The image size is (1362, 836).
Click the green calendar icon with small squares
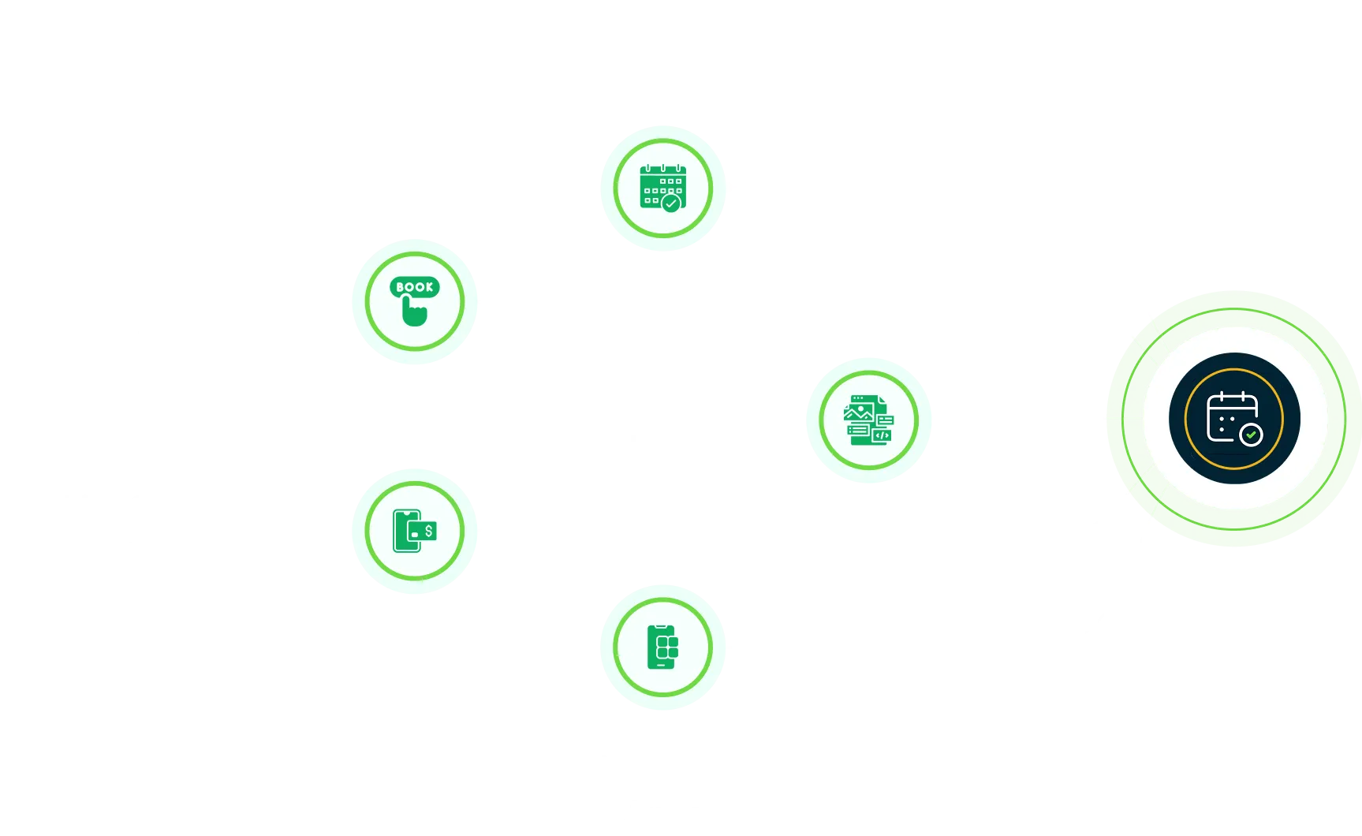click(662, 188)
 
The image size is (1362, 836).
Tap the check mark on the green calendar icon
click(671, 203)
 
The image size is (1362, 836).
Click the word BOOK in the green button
click(414, 287)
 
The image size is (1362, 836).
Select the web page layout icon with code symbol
click(868, 420)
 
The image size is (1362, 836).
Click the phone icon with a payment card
click(413, 531)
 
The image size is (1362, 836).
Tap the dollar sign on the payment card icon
click(428, 531)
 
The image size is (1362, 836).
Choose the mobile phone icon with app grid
click(662, 647)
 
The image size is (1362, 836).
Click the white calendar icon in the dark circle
click(1230, 416)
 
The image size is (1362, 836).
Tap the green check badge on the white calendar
click(1251, 435)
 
